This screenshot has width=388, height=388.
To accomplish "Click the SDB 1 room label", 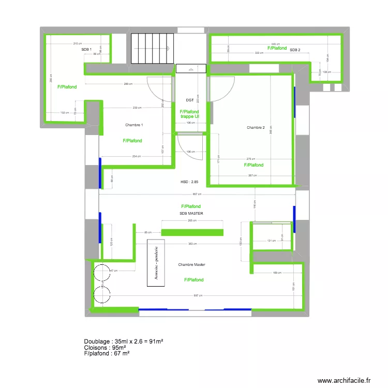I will [86, 49].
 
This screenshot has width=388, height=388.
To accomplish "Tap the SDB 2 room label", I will [295, 50].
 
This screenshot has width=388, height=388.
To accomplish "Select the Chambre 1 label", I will [134, 125].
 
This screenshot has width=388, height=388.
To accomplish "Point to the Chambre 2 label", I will [256, 128].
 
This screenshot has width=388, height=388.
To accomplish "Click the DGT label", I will [189, 100].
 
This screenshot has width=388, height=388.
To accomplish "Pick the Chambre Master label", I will [191, 264].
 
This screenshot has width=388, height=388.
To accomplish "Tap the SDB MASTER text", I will [191, 213].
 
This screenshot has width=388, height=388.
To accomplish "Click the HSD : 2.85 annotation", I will [189, 182].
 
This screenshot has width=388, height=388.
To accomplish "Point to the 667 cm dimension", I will [197, 194].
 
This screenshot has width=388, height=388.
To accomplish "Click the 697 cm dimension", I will [197, 295].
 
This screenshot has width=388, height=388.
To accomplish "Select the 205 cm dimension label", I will [192, 220].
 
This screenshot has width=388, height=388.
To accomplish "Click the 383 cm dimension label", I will [192, 244].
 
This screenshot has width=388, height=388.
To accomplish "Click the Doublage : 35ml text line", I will [124, 341].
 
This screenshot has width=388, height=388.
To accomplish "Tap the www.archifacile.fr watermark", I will [344, 380].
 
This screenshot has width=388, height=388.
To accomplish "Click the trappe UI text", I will [190, 117].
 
